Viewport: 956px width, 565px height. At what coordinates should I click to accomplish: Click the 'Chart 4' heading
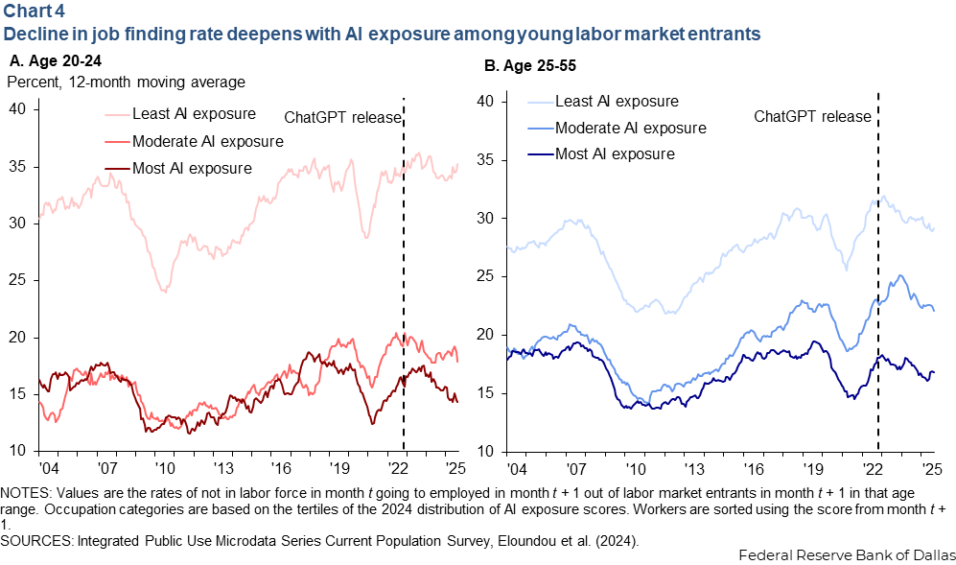(32, 12)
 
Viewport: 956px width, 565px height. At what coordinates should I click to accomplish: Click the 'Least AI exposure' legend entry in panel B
(624, 101)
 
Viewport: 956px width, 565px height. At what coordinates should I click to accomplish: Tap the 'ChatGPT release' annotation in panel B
(812, 116)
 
